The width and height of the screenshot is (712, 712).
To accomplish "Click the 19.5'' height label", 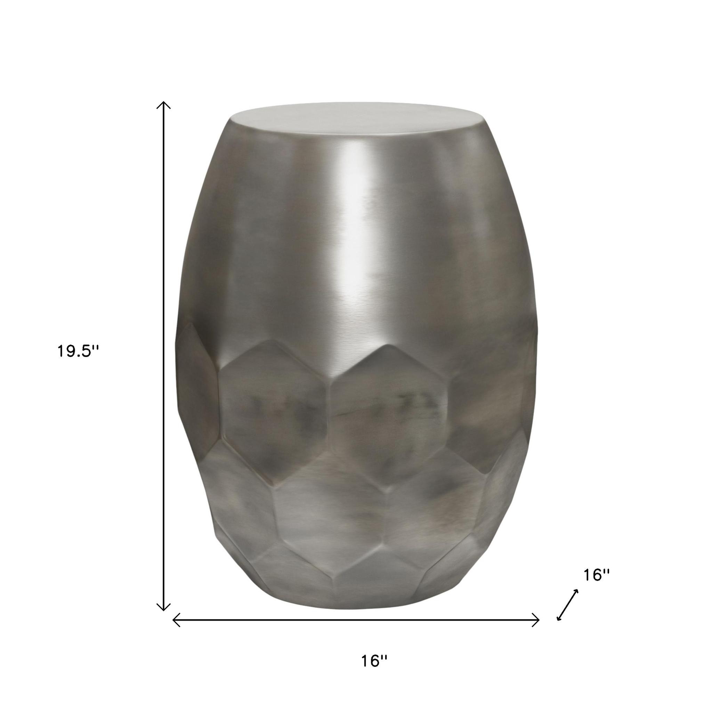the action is pyautogui.click(x=78, y=351).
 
